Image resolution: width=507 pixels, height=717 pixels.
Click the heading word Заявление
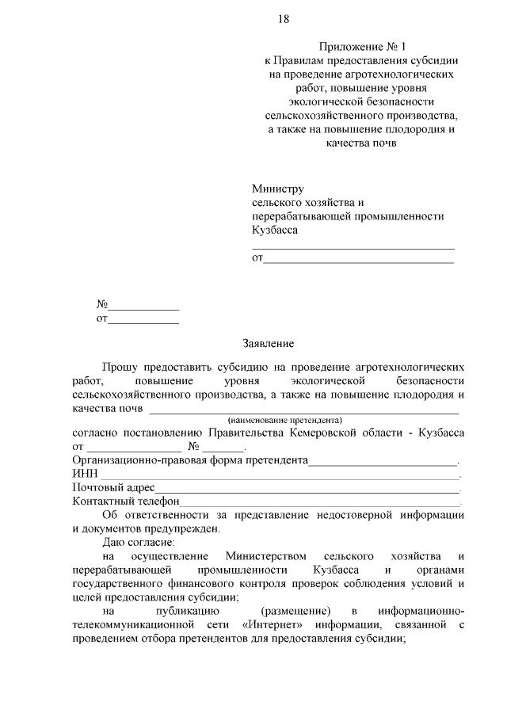click(268, 344)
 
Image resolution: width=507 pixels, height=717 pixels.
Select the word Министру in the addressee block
click(278, 189)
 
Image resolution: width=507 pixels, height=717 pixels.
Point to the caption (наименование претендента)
click(284, 420)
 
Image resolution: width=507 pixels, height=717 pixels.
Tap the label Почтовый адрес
click(112, 487)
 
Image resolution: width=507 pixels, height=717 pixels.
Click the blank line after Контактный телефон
click(321, 503)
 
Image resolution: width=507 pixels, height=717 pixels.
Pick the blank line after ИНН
click(277, 476)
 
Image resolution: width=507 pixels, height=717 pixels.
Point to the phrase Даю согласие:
click(142, 543)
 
